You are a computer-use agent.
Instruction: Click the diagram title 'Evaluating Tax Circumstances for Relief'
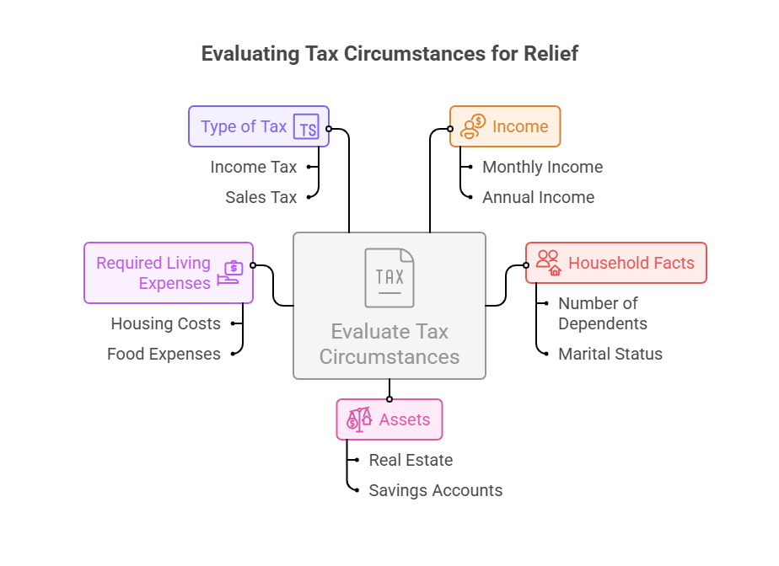(389, 54)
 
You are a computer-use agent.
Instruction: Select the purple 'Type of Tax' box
(244, 126)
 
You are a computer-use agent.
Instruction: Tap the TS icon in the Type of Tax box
(307, 127)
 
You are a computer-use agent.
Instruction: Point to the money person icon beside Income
(473, 126)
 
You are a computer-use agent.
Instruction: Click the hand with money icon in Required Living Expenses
(230, 273)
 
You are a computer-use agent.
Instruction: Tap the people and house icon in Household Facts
(549, 262)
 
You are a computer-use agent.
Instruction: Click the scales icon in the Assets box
(360, 419)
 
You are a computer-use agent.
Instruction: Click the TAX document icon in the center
(389, 277)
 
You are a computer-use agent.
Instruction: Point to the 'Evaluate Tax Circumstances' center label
(389, 344)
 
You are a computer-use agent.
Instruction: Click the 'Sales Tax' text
(261, 197)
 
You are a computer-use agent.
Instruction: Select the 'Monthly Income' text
(542, 167)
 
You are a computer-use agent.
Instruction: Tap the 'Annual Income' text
(538, 197)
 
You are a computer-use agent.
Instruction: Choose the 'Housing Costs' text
(165, 323)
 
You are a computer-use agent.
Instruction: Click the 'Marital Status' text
(610, 354)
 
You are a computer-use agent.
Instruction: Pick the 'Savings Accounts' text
(435, 490)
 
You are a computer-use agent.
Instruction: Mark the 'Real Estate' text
(411, 460)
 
